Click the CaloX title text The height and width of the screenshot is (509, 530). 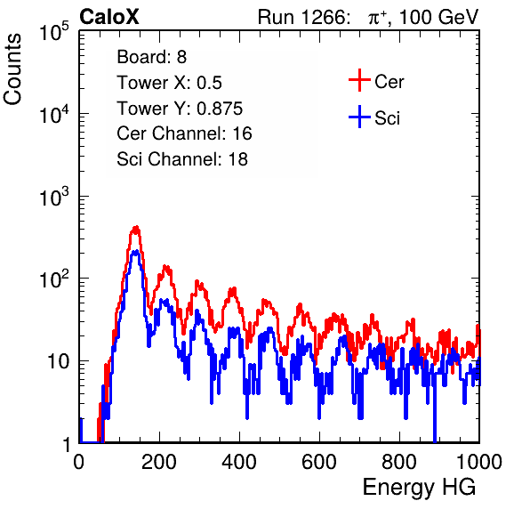point(108,17)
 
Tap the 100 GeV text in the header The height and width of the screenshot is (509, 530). point(438,17)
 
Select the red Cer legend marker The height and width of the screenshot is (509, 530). point(359,80)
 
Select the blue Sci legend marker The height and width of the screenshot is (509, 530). point(359,117)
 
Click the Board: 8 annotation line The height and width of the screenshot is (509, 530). point(151,57)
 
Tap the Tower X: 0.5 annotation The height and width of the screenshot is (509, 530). point(169,83)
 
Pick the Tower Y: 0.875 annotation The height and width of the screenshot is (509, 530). point(180,109)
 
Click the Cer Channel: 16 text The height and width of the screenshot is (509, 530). point(184,133)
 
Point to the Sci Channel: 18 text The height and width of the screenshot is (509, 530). point(182,159)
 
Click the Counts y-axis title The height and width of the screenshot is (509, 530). point(12,69)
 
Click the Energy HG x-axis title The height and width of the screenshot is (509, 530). point(419,488)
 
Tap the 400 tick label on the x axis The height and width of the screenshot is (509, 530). point(239,462)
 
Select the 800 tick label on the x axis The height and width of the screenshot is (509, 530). point(399,462)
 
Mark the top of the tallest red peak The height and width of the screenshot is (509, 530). point(136,227)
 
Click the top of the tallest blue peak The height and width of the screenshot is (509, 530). point(135,251)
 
